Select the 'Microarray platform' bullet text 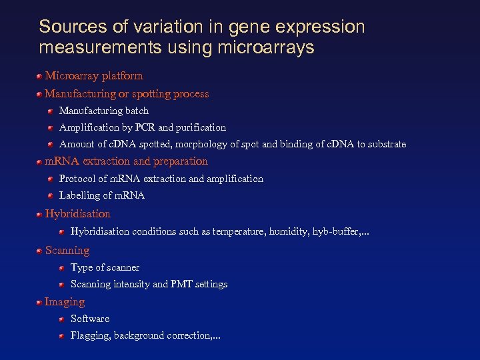[94, 76]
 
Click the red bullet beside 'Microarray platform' [40, 76]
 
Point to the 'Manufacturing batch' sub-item [104, 111]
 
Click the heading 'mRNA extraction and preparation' [126, 161]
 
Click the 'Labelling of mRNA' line [102, 195]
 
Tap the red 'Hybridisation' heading [77, 214]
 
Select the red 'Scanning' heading [67, 251]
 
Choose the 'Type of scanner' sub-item [105, 267]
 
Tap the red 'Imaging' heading [65, 302]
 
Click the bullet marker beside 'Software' [61, 319]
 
